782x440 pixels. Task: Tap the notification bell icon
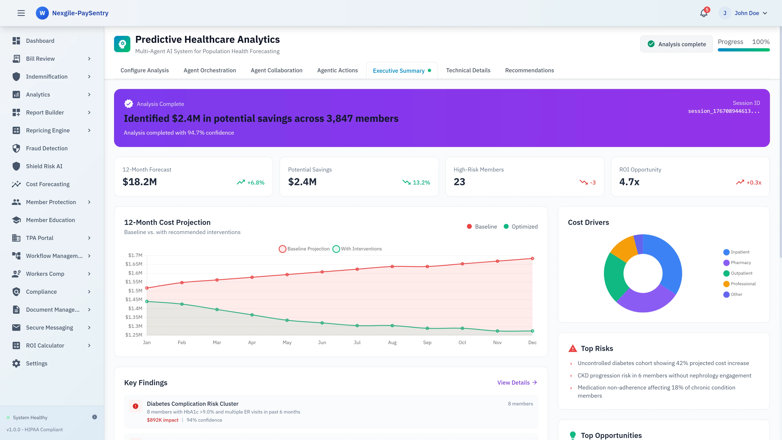pyautogui.click(x=703, y=13)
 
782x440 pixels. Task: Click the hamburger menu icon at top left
pyautogui.click(x=21, y=13)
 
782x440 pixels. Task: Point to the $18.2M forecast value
pyautogui.click(x=140, y=182)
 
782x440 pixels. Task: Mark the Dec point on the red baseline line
pyautogui.click(x=532, y=258)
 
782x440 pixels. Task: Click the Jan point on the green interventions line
pyautogui.click(x=147, y=301)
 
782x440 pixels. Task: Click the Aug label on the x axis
pyautogui.click(x=392, y=342)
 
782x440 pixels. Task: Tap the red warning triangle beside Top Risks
pyautogui.click(x=572, y=349)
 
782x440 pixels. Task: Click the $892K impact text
pyautogui.click(x=163, y=420)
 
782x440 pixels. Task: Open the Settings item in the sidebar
pyautogui.click(x=36, y=363)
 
